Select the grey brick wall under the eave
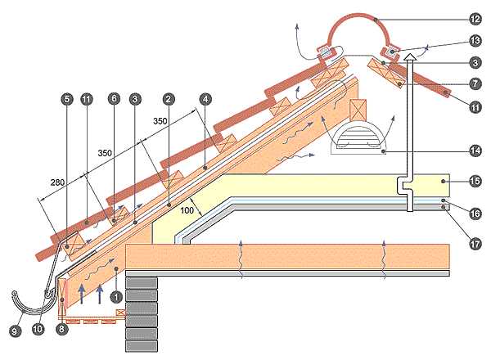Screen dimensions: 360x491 [141, 315]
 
